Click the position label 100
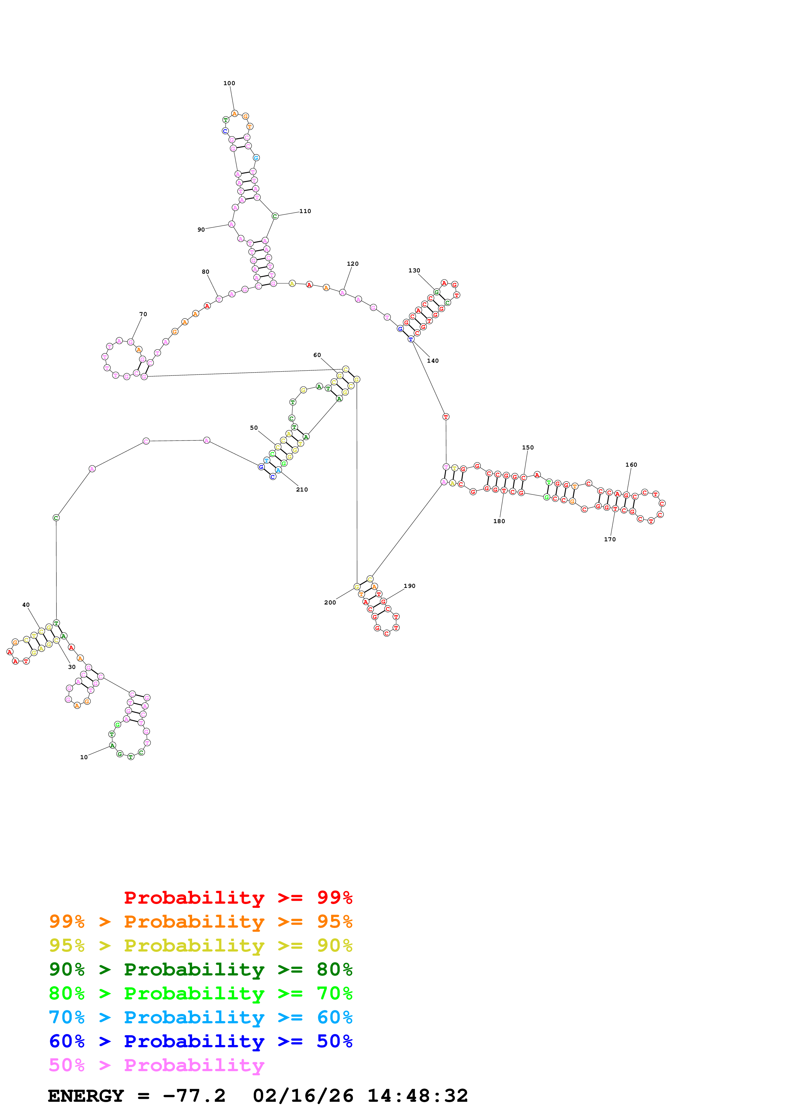coord(229,83)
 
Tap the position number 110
coord(305,211)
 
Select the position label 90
coord(201,230)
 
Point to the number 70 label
coord(143,314)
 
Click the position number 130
coord(414,270)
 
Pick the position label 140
coord(433,361)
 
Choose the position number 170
coord(610,539)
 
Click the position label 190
coord(409,586)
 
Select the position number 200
coord(330,602)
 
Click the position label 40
coord(26,605)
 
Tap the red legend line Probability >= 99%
coord(238,897)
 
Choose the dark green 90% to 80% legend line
coord(200,969)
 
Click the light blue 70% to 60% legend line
coord(200,1017)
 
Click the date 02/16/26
coord(303,1096)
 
